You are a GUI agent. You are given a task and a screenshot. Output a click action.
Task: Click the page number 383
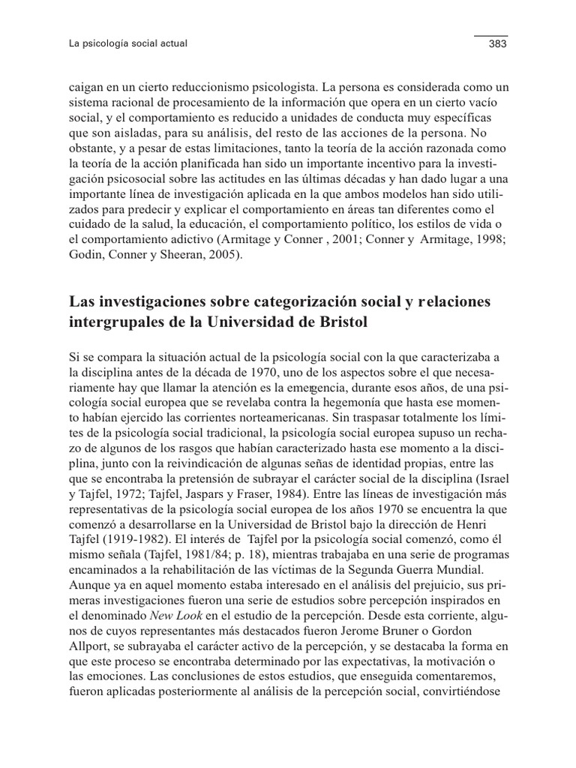click(x=497, y=44)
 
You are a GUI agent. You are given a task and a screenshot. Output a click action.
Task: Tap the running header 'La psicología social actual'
click(x=127, y=44)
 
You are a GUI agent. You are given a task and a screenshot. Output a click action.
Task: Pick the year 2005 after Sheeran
click(x=228, y=254)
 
